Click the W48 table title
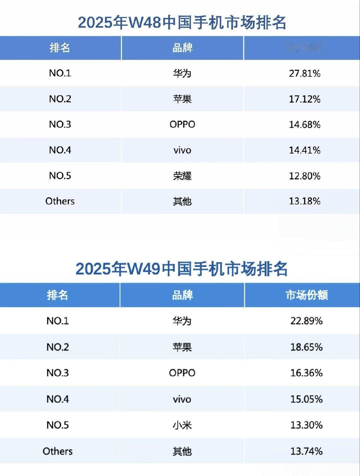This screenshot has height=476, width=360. point(182,22)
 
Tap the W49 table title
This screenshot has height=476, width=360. point(182,269)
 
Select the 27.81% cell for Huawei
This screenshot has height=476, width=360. point(305,73)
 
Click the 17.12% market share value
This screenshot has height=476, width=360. point(305,99)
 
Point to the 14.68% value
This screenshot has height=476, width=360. point(305,124)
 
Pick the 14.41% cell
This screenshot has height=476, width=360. point(305,150)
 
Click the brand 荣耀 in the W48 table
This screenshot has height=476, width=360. point(182,176)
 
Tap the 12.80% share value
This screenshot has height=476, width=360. point(305,176)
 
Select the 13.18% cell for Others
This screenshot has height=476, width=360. point(305,201)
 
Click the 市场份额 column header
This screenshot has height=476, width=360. point(307,295)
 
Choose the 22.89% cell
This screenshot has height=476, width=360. point(306,321)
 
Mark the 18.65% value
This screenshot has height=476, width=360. point(306,347)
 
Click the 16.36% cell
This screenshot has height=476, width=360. point(306,373)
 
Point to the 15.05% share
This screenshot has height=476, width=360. point(306,399)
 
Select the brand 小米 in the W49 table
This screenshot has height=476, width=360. point(182,425)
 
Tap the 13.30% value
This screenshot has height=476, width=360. point(306,425)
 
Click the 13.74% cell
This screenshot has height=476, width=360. point(306,451)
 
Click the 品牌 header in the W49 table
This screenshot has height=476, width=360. point(182,295)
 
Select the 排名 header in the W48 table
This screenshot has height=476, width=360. point(60,48)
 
